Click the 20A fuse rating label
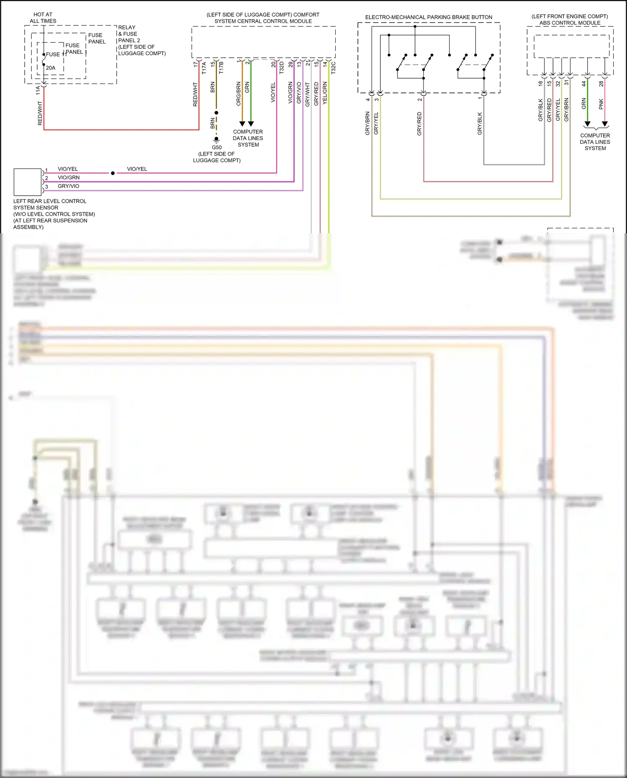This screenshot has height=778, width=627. tap(50, 68)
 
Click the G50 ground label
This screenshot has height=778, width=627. tap(217, 147)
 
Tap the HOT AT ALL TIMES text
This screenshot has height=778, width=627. tap(43, 18)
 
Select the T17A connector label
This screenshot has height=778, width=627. tap(204, 68)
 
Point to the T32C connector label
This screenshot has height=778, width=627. tap(333, 68)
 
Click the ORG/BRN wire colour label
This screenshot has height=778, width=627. tap(239, 93)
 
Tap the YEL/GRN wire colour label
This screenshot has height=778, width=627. tap(325, 93)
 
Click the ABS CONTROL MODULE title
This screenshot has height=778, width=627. tap(570, 23)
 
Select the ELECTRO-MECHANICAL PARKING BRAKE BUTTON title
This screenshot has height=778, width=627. tap(428, 17)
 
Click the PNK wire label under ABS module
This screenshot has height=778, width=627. tap(601, 104)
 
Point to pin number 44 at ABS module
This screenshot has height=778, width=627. tap(584, 84)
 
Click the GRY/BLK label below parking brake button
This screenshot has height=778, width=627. tap(479, 123)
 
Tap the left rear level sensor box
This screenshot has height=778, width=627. tap(28, 182)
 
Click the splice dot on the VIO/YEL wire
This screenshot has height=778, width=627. tap(113, 173)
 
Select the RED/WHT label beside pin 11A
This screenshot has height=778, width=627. tap(40, 113)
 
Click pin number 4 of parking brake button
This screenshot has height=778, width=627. tap(368, 99)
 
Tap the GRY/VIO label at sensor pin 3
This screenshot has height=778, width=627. tap(68, 186)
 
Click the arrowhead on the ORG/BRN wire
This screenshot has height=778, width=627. tap(242, 124)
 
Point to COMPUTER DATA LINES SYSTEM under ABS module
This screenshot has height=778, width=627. tap(595, 142)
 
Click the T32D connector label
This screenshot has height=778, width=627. tap(281, 68)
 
